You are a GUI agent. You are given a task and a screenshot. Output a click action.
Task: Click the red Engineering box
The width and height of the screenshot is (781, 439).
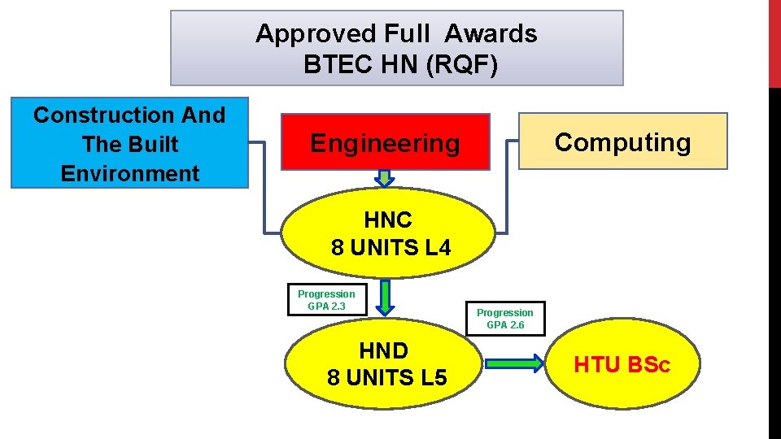(x=385, y=141)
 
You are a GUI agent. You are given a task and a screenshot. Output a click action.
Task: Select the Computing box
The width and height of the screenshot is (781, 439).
(x=622, y=141)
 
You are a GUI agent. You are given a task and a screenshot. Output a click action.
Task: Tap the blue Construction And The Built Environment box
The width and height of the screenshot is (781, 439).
(x=129, y=144)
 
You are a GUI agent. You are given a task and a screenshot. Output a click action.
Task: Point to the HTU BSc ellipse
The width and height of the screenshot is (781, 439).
(x=622, y=365)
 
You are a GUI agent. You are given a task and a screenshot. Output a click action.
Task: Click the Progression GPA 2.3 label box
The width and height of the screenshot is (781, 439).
(x=326, y=299)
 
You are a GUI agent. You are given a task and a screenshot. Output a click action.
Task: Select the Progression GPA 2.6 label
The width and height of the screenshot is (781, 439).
(x=505, y=319)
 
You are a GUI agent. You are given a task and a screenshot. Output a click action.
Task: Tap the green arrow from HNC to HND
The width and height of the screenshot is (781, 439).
(x=386, y=297)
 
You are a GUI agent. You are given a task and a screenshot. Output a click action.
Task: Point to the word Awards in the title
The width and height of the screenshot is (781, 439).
(x=491, y=33)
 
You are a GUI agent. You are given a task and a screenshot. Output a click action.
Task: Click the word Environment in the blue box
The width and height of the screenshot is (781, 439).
(x=129, y=173)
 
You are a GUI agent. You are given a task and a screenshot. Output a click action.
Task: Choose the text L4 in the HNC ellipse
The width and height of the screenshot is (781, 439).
(x=438, y=248)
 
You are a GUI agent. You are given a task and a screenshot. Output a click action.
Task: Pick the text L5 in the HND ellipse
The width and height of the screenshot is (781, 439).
(x=431, y=378)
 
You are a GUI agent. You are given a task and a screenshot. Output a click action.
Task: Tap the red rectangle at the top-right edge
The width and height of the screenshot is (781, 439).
(x=774, y=42)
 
